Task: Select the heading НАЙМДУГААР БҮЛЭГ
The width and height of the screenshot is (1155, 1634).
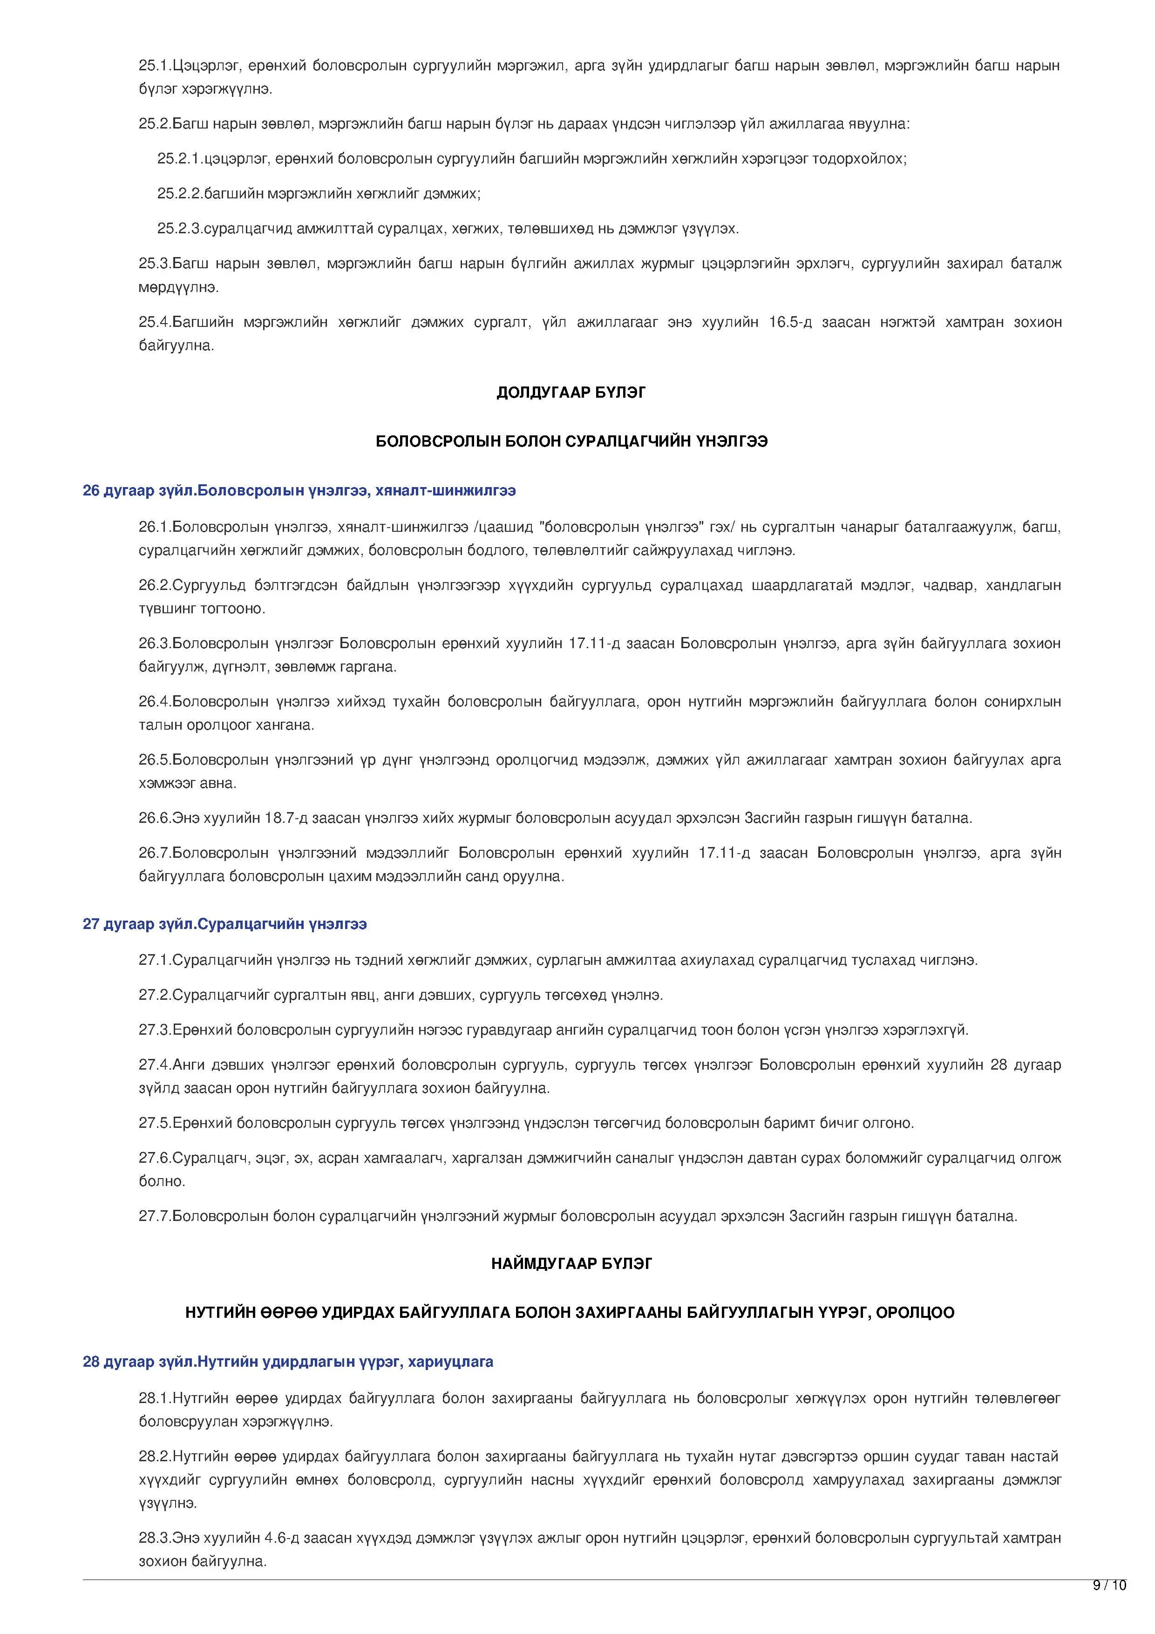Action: point(571,1264)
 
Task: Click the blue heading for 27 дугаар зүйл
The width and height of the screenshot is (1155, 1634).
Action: point(225,924)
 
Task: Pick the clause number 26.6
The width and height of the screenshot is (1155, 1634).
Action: point(155,819)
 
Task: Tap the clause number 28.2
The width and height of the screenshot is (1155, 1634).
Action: point(155,1457)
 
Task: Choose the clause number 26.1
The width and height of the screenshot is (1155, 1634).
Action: point(155,527)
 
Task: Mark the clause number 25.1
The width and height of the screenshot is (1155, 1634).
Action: point(155,66)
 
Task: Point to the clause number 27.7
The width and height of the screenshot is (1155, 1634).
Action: point(155,1216)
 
